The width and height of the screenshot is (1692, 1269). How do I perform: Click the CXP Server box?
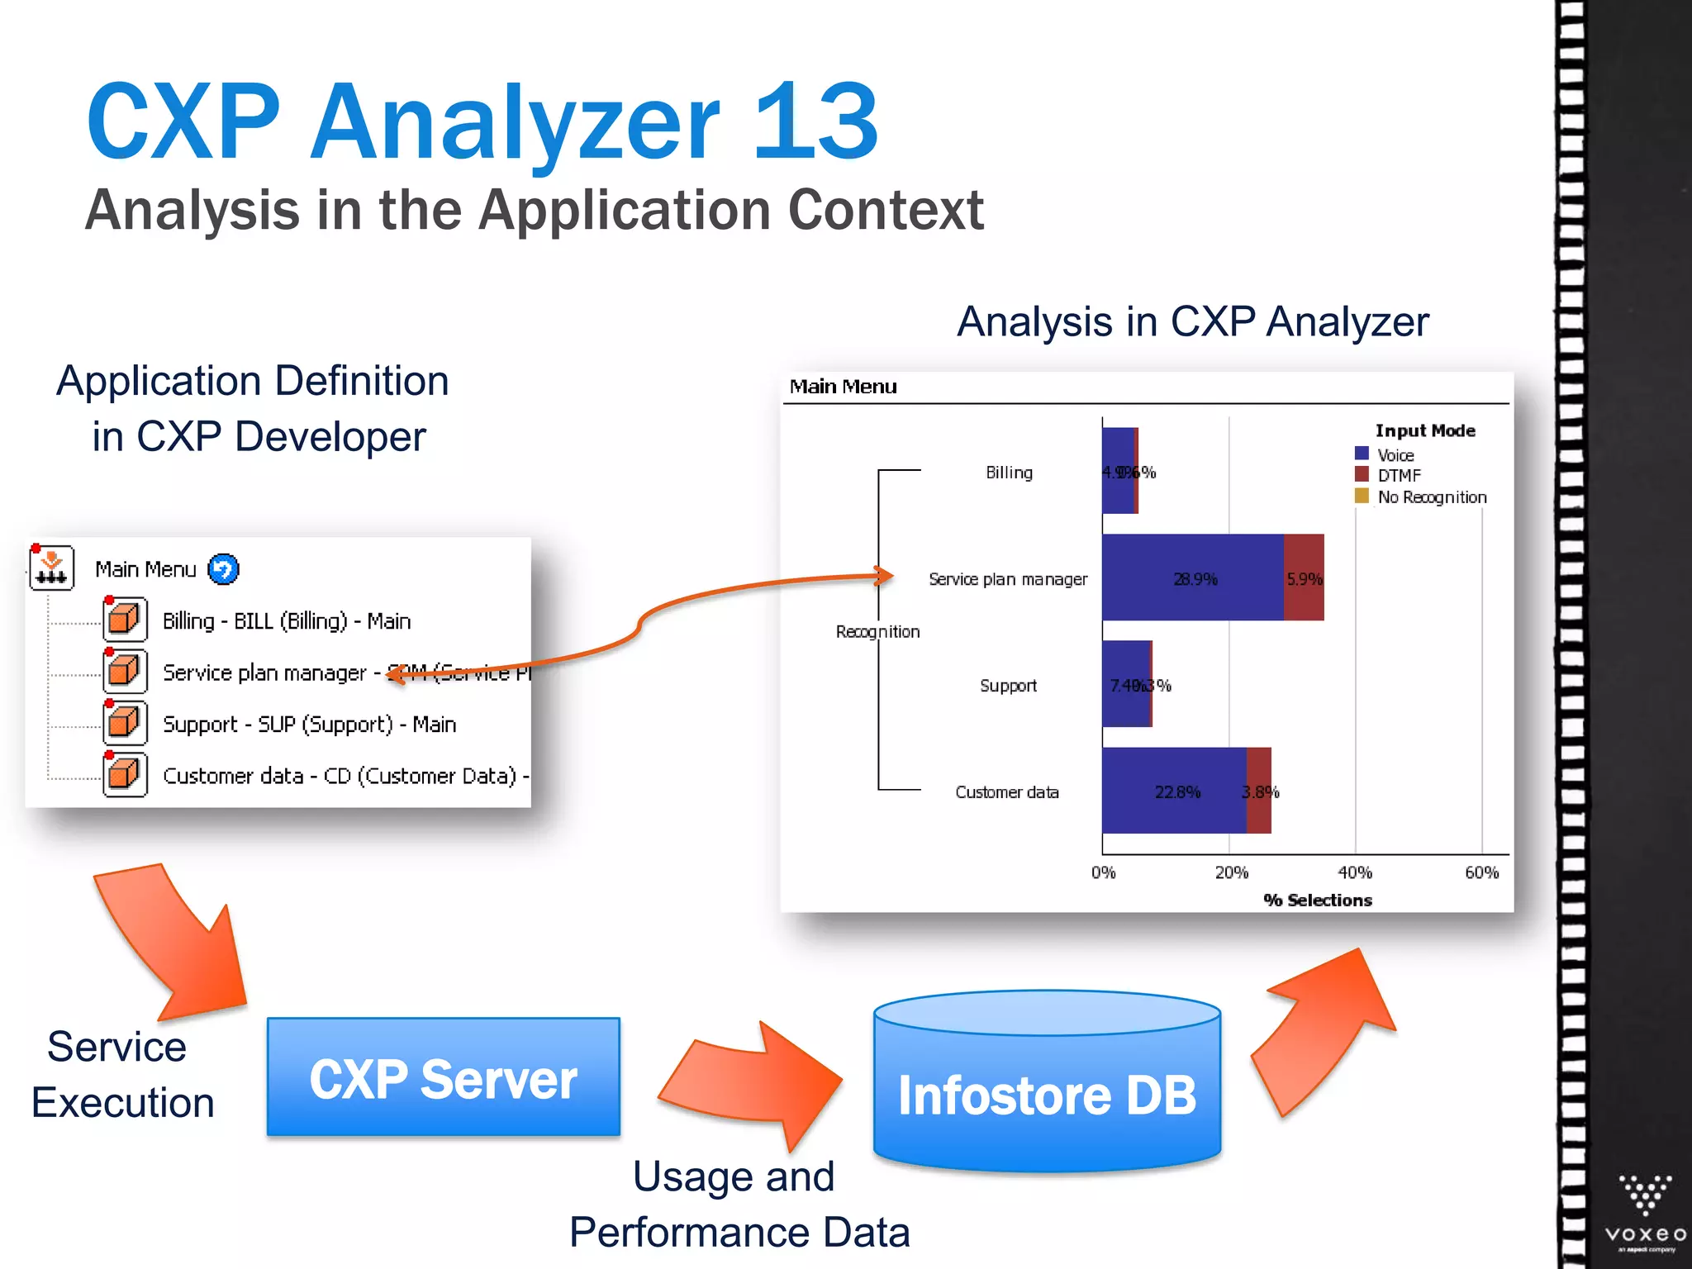pos(443,1077)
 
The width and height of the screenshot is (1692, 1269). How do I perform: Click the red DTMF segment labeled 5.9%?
pos(1304,577)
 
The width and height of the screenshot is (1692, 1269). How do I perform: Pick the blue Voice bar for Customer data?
pos(1173,791)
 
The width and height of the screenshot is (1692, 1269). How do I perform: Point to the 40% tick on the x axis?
pos(1355,872)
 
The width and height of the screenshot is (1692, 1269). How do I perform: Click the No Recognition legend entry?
pos(1431,497)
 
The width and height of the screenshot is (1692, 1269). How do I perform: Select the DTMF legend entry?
pos(1398,475)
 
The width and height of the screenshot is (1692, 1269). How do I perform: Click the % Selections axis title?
pos(1318,900)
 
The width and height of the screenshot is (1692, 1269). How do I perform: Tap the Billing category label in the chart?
pos(1009,473)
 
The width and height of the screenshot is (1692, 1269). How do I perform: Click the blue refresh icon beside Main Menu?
pos(223,569)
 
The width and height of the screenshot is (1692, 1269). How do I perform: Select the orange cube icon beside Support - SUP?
pos(125,723)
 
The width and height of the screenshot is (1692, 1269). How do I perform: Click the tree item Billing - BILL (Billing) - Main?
pos(286,620)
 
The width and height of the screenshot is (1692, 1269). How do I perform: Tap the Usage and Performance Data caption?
pos(739,1204)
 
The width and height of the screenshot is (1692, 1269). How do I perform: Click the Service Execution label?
pos(121,1074)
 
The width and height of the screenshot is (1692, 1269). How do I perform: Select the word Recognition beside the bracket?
pos(877,632)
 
